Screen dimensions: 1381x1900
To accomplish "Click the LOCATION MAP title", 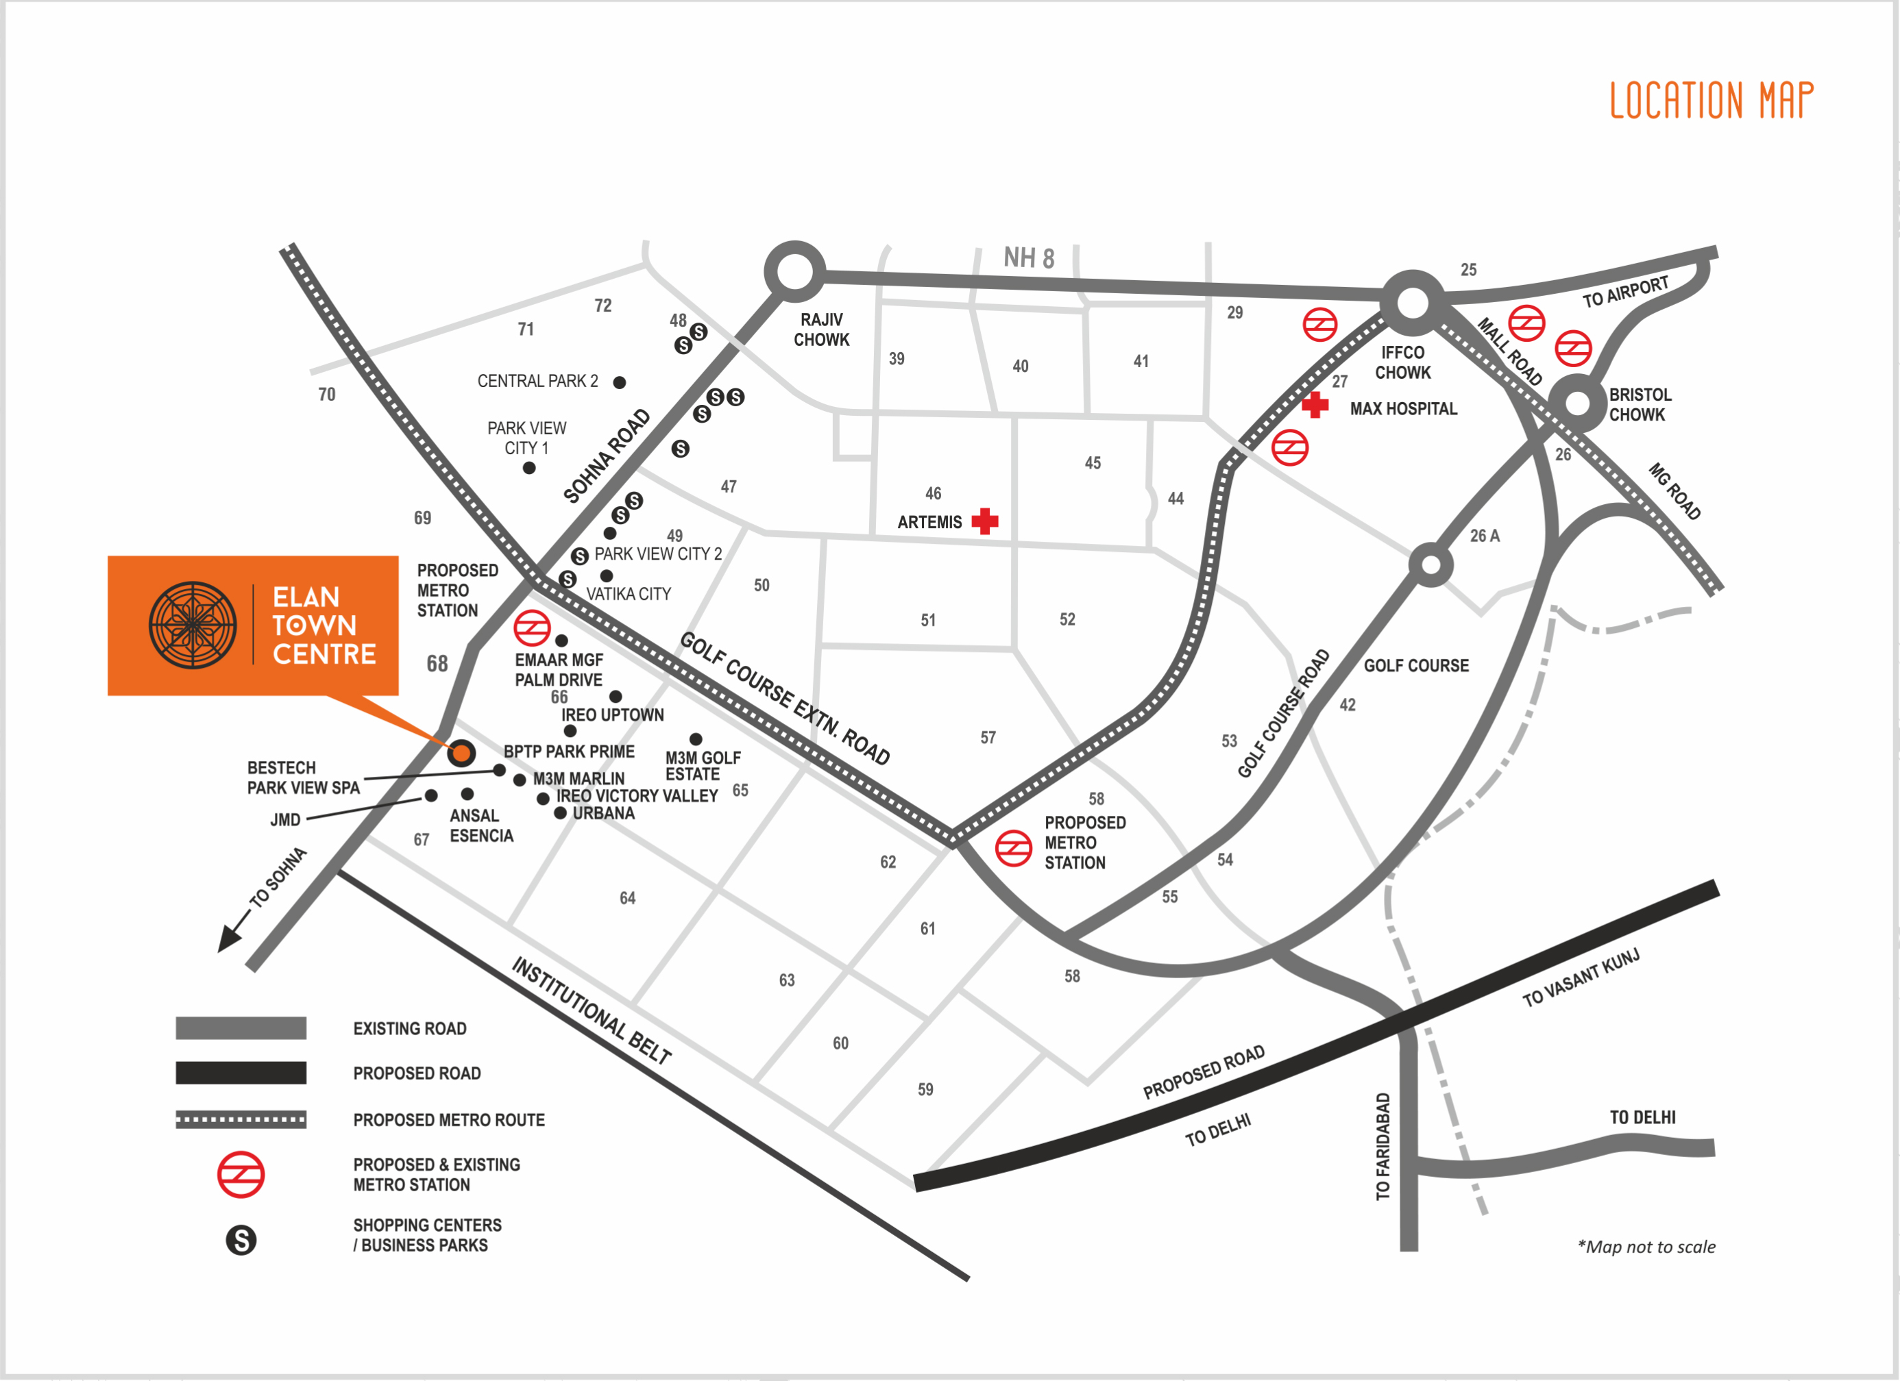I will click(1711, 101).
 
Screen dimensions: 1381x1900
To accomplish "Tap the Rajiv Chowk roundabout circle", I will click(794, 271).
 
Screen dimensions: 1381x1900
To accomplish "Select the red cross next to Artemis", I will click(984, 521).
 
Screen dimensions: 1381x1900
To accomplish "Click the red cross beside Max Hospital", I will click(1315, 404).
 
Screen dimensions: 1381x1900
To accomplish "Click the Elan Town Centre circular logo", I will click(193, 625).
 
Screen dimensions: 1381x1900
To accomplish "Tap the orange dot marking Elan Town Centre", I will click(461, 753).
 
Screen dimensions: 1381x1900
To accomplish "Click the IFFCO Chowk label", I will click(1402, 362).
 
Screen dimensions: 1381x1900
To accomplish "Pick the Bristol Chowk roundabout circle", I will click(1577, 403).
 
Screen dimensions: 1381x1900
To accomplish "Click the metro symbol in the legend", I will click(241, 1174).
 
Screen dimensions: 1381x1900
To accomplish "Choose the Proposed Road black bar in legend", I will click(241, 1073).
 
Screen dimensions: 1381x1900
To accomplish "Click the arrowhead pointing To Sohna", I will click(227, 941).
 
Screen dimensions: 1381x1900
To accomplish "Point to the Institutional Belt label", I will click(592, 1011).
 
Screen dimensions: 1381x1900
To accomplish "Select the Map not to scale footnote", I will click(1646, 1247).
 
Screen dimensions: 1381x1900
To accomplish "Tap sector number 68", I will click(437, 664).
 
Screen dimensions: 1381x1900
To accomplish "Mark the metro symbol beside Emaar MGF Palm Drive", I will click(532, 628).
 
